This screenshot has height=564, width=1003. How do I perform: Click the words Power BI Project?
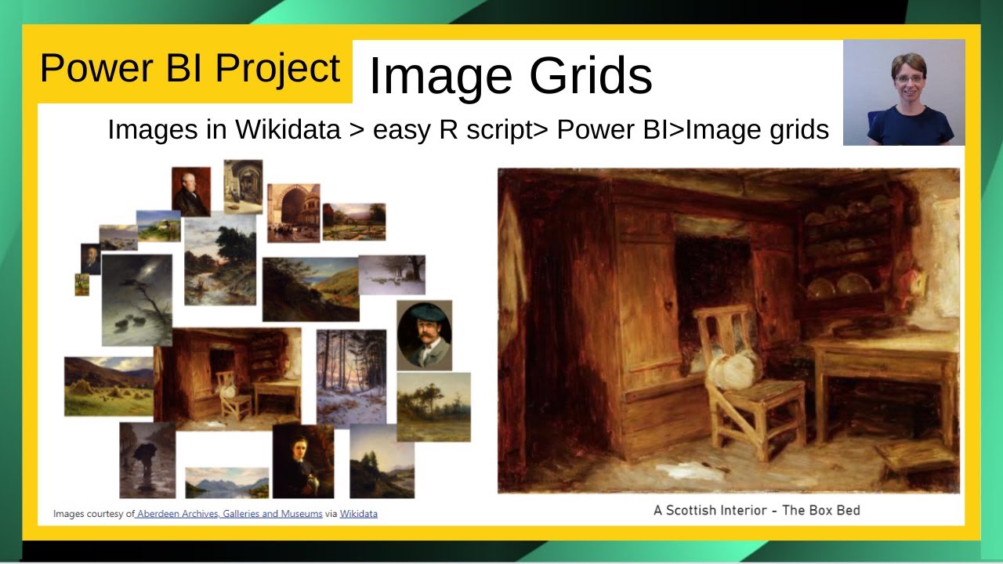point(190,68)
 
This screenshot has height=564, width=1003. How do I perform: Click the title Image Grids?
point(509,76)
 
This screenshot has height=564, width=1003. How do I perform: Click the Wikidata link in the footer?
point(358,514)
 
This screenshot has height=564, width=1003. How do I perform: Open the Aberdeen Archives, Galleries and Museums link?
point(229,514)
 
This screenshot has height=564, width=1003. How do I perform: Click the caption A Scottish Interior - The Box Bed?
point(756,510)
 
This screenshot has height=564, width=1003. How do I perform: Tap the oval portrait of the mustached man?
point(424,334)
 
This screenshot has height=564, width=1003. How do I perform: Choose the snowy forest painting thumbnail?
point(351,376)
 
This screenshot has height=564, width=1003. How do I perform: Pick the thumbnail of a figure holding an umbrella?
point(147,460)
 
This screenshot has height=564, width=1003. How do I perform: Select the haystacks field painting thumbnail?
point(108,386)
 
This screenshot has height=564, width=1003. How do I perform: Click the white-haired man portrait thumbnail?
point(191,191)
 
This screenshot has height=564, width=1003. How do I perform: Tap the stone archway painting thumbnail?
point(293,212)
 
